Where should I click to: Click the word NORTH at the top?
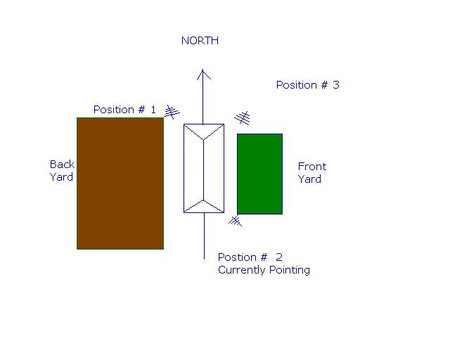200,41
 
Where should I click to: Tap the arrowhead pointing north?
203,74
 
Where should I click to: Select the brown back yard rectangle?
120,183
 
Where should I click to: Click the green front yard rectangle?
259,173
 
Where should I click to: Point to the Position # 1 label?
124,110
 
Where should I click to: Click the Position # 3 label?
307,85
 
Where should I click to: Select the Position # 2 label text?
250,257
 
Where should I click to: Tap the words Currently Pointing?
264,270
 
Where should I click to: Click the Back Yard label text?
61,171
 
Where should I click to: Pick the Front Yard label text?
311,173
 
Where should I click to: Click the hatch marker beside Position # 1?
172,111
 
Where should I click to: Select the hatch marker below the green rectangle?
236,221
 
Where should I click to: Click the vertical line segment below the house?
204,236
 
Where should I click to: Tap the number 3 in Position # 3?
336,85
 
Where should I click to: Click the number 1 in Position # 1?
153,110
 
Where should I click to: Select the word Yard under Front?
309,179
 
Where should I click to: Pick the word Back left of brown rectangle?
62,165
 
